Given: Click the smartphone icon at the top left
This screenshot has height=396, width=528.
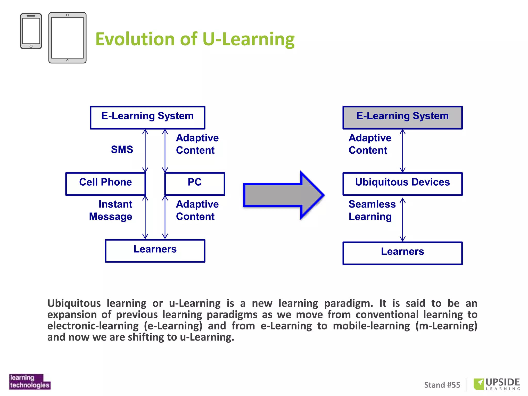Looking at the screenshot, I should click(x=31, y=31).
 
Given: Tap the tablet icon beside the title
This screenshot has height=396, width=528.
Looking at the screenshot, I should click(x=67, y=38).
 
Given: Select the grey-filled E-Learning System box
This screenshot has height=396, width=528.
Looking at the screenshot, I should click(x=402, y=117).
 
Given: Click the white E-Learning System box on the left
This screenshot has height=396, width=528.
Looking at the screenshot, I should click(x=147, y=117).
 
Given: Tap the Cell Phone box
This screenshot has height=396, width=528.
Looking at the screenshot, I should click(x=105, y=184).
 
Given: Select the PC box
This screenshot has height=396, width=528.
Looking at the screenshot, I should click(x=195, y=184).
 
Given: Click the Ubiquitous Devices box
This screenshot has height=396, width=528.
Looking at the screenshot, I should click(x=402, y=184).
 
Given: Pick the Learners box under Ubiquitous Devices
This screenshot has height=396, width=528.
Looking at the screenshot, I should click(x=402, y=253).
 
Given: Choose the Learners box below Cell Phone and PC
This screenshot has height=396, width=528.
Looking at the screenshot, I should click(x=155, y=251).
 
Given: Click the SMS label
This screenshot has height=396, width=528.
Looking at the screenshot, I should click(x=122, y=150).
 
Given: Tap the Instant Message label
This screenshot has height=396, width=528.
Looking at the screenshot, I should click(x=111, y=210).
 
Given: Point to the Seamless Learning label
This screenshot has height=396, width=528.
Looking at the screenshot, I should click(x=372, y=210).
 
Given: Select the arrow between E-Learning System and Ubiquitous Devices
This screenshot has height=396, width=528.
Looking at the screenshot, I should click(x=402, y=151).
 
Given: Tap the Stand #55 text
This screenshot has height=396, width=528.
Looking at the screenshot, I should click(x=442, y=385).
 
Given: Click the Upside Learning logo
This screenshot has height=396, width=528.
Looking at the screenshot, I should click(x=497, y=384).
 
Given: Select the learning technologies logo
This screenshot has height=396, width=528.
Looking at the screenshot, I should click(x=30, y=382).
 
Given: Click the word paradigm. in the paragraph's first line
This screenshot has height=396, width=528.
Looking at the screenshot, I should click(x=348, y=303).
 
